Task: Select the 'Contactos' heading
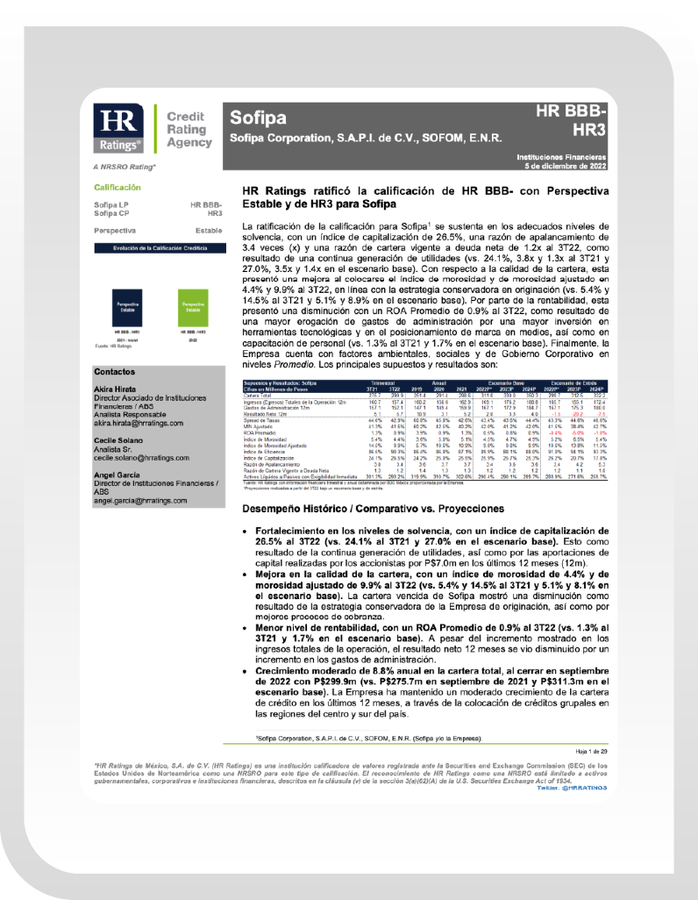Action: tap(112, 371)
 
